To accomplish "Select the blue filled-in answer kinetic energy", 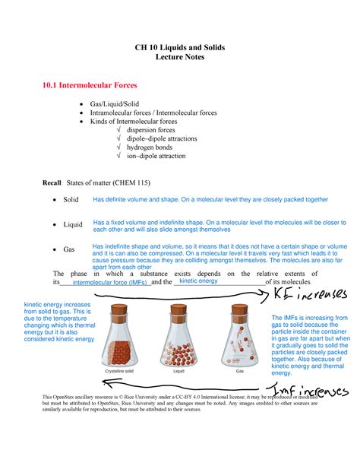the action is coord(198,281).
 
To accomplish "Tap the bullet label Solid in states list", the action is coord(71,200).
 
